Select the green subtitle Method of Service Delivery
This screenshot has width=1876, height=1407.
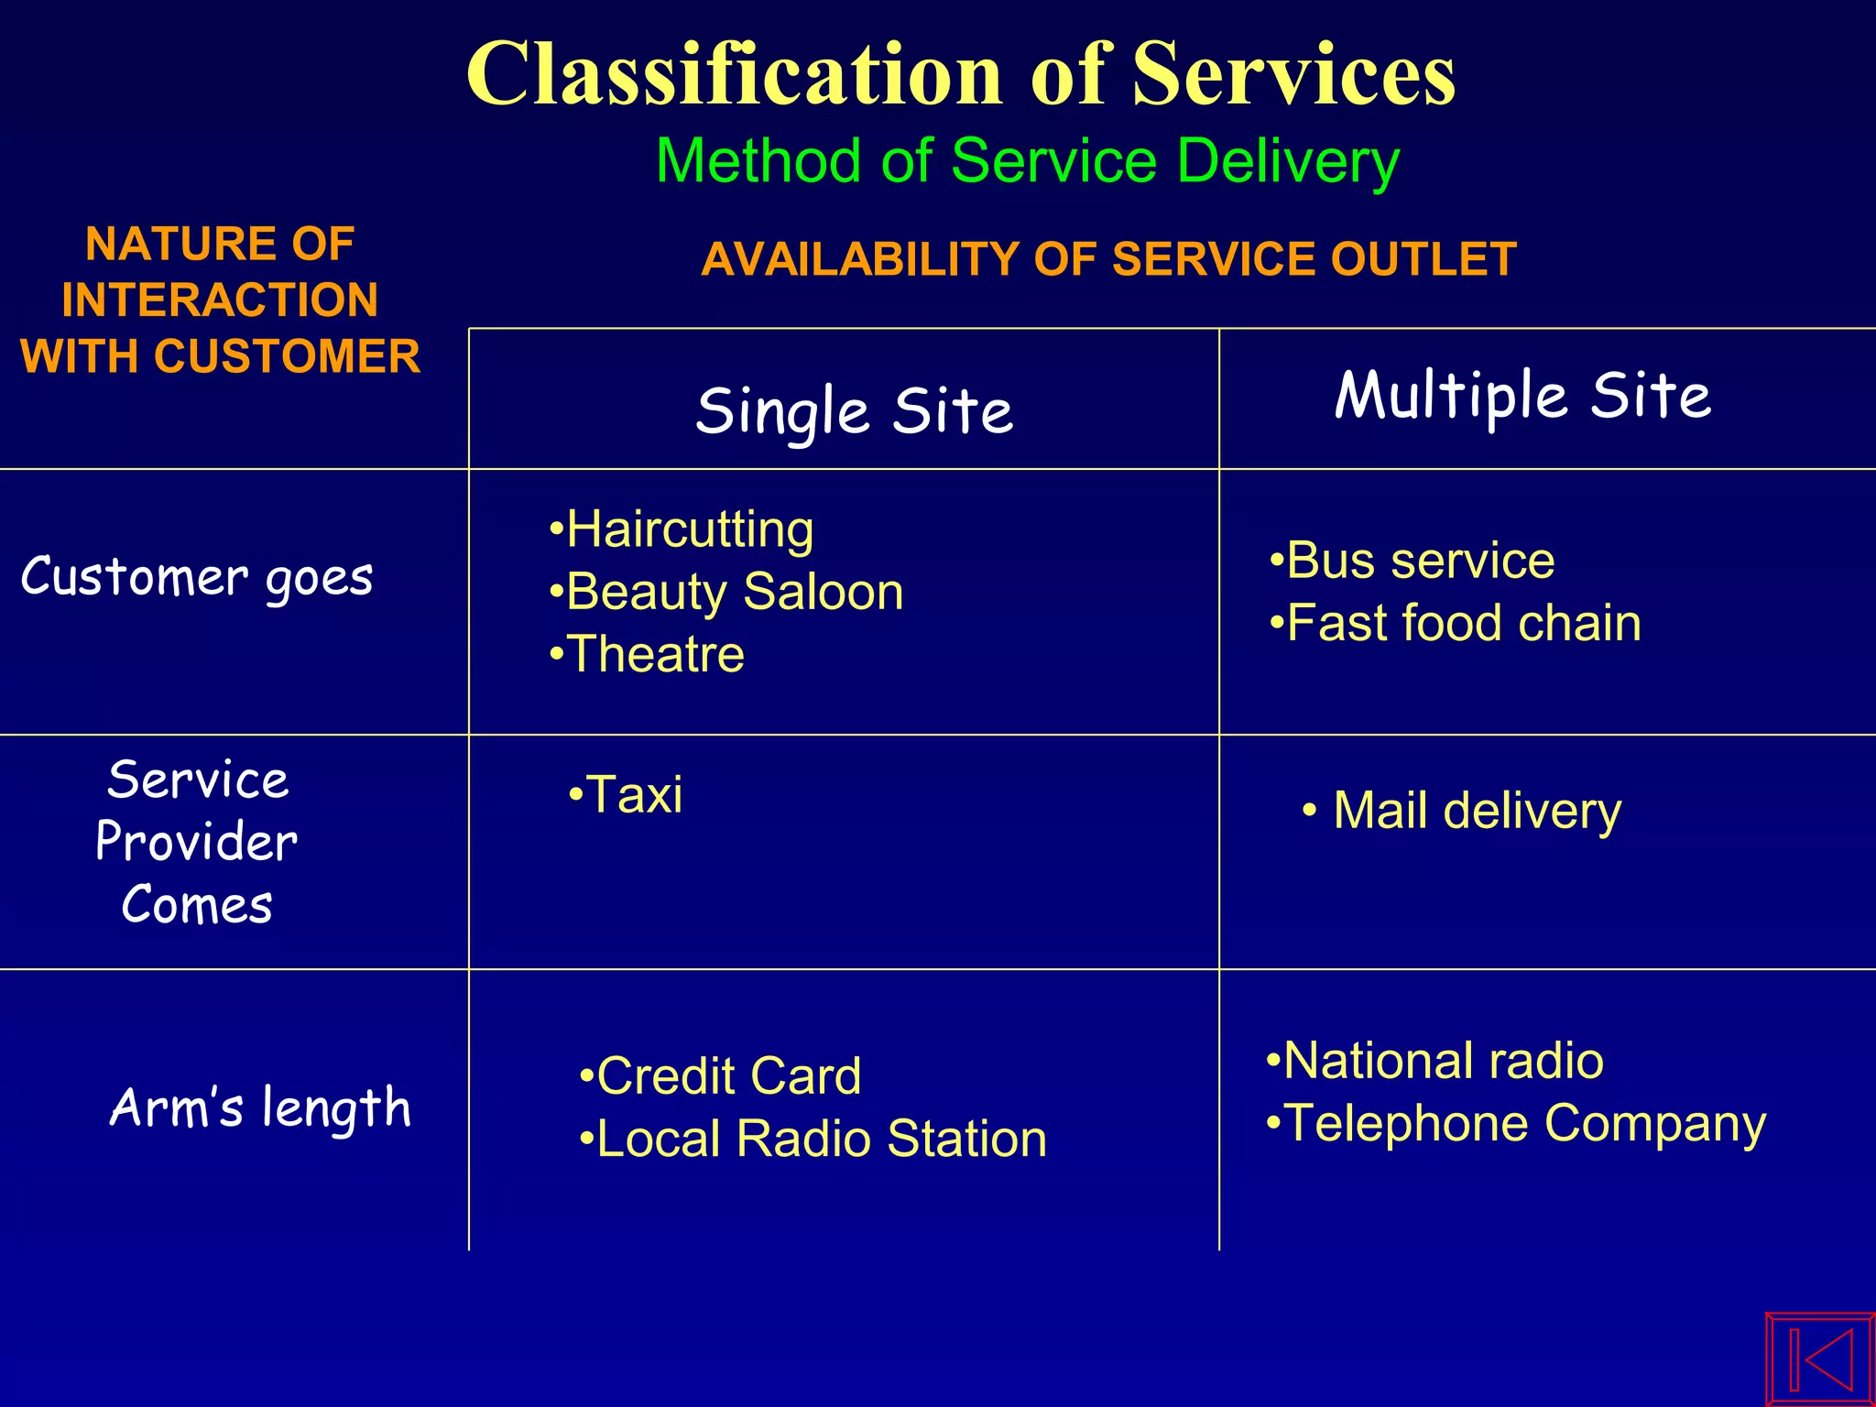[x=1028, y=161]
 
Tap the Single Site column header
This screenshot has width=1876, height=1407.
[x=854, y=410]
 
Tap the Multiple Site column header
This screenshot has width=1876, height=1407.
[x=1522, y=395]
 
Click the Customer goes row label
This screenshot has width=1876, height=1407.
[x=197, y=577]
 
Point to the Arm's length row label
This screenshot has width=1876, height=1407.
[x=260, y=1107]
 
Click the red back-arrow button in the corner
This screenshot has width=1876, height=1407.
[x=1820, y=1359]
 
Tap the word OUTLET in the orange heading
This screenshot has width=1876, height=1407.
[x=1423, y=259]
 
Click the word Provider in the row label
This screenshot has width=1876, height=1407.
[x=197, y=842]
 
